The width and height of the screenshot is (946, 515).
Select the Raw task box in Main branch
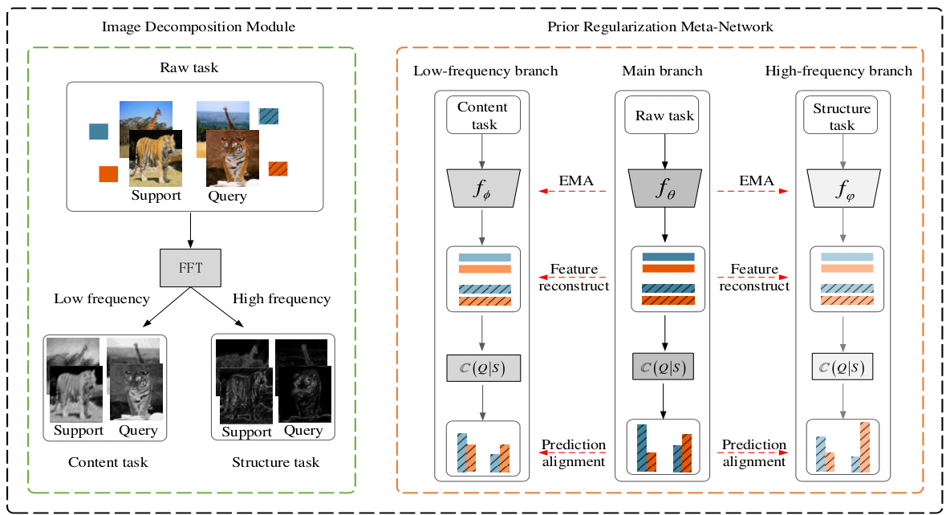(x=664, y=116)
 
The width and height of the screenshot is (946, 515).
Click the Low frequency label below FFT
(x=102, y=299)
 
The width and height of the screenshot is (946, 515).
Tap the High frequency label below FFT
(x=281, y=299)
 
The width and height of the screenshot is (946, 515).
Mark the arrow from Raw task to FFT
(x=190, y=229)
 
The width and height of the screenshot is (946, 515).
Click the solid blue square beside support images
(x=99, y=132)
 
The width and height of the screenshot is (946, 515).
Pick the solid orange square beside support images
(x=108, y=173)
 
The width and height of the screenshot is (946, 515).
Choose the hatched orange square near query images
(x=278, y=168)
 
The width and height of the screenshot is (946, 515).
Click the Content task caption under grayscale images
(x=108, y=462)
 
